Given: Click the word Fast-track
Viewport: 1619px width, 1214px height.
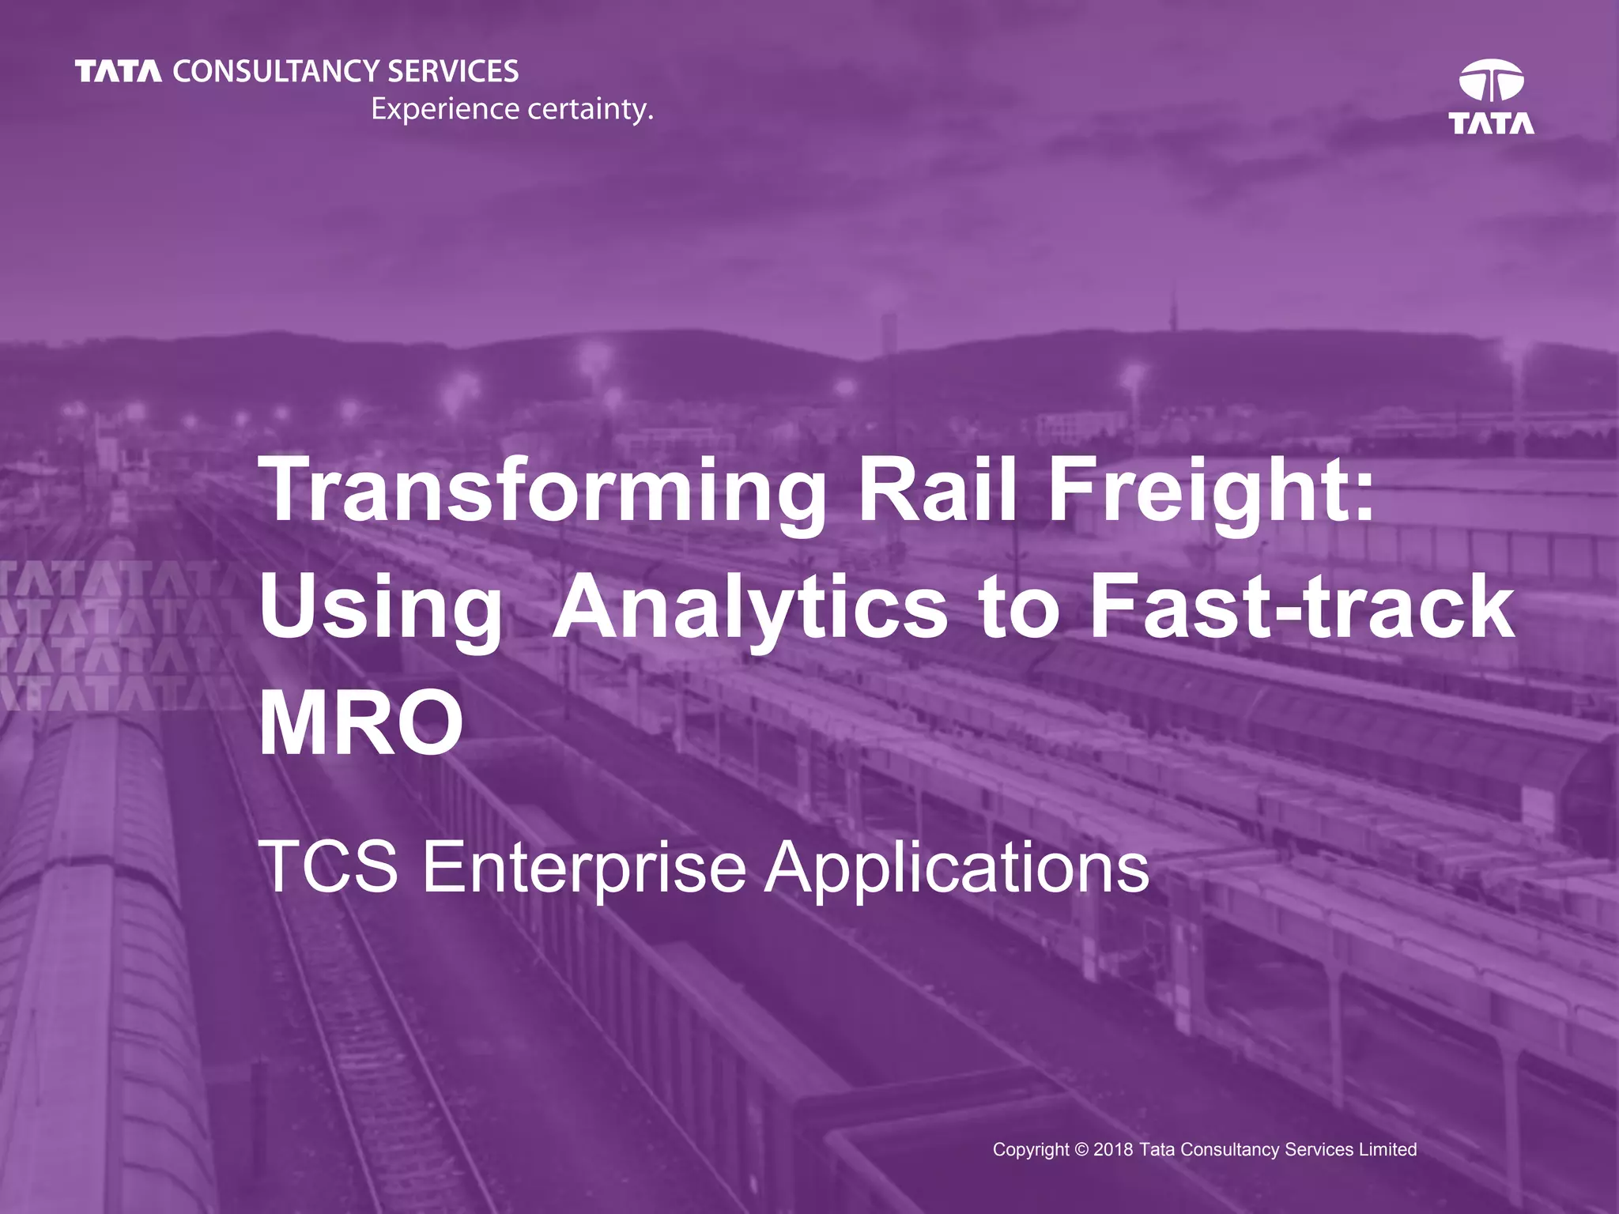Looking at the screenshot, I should coord(1301,607).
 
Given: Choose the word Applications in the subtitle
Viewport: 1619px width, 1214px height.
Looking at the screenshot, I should coord(957,868).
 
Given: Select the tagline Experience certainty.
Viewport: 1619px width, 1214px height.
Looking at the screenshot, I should coord(512,109).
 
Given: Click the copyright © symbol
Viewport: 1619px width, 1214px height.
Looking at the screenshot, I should coord(1081,1149).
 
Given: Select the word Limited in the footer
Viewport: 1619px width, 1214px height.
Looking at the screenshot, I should coord(1387,1149).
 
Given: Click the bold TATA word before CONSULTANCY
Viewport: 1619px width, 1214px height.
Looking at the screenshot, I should coord(119,72).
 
